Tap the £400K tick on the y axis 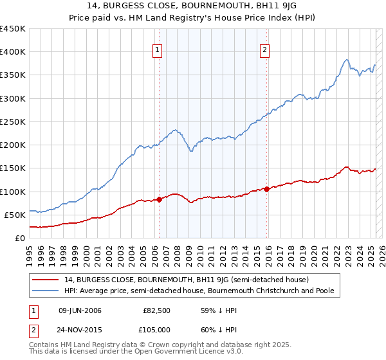click(x=14, y=52)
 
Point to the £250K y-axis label click(x=14, y=122)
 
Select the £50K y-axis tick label click(x=16, y=215)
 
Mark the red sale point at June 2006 click(x=159, y=199)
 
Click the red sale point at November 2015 click(x=266, y=189)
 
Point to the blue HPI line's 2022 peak click(x=347, y=60)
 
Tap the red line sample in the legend click(x=46, y=280)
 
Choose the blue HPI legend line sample click(x=46, y=291)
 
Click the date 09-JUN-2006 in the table click(x=80, y=310)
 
